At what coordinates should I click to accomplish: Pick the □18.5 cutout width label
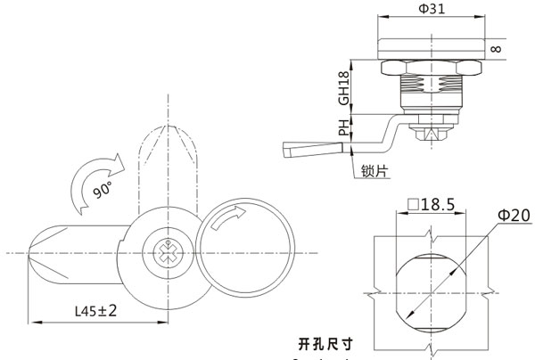[x=432, y=205]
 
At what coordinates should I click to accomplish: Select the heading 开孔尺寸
[x=326, y=341]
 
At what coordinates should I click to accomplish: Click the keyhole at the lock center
[x=168, y=251]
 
